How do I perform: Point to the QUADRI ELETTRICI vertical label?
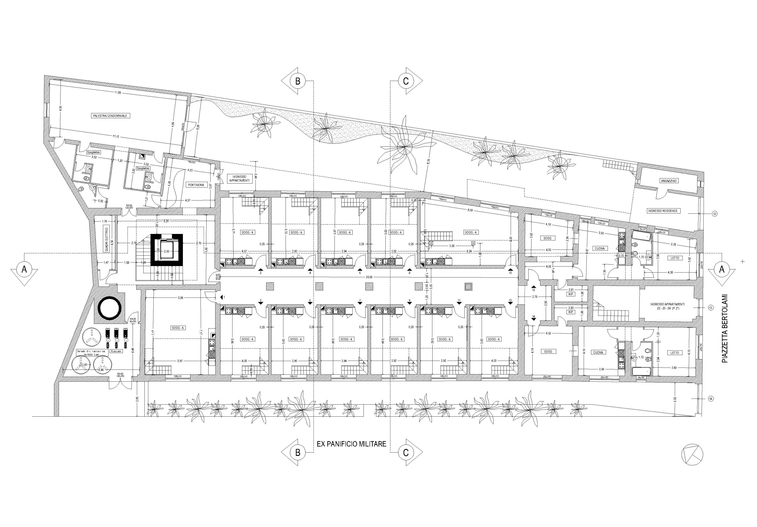click(107, 239)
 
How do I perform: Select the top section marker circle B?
click(297, 81)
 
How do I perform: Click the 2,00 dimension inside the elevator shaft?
click(167, 251)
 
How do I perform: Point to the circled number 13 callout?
click(711, 308)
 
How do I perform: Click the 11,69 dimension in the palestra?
click(118, 93)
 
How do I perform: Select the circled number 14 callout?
click(711, 399)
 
